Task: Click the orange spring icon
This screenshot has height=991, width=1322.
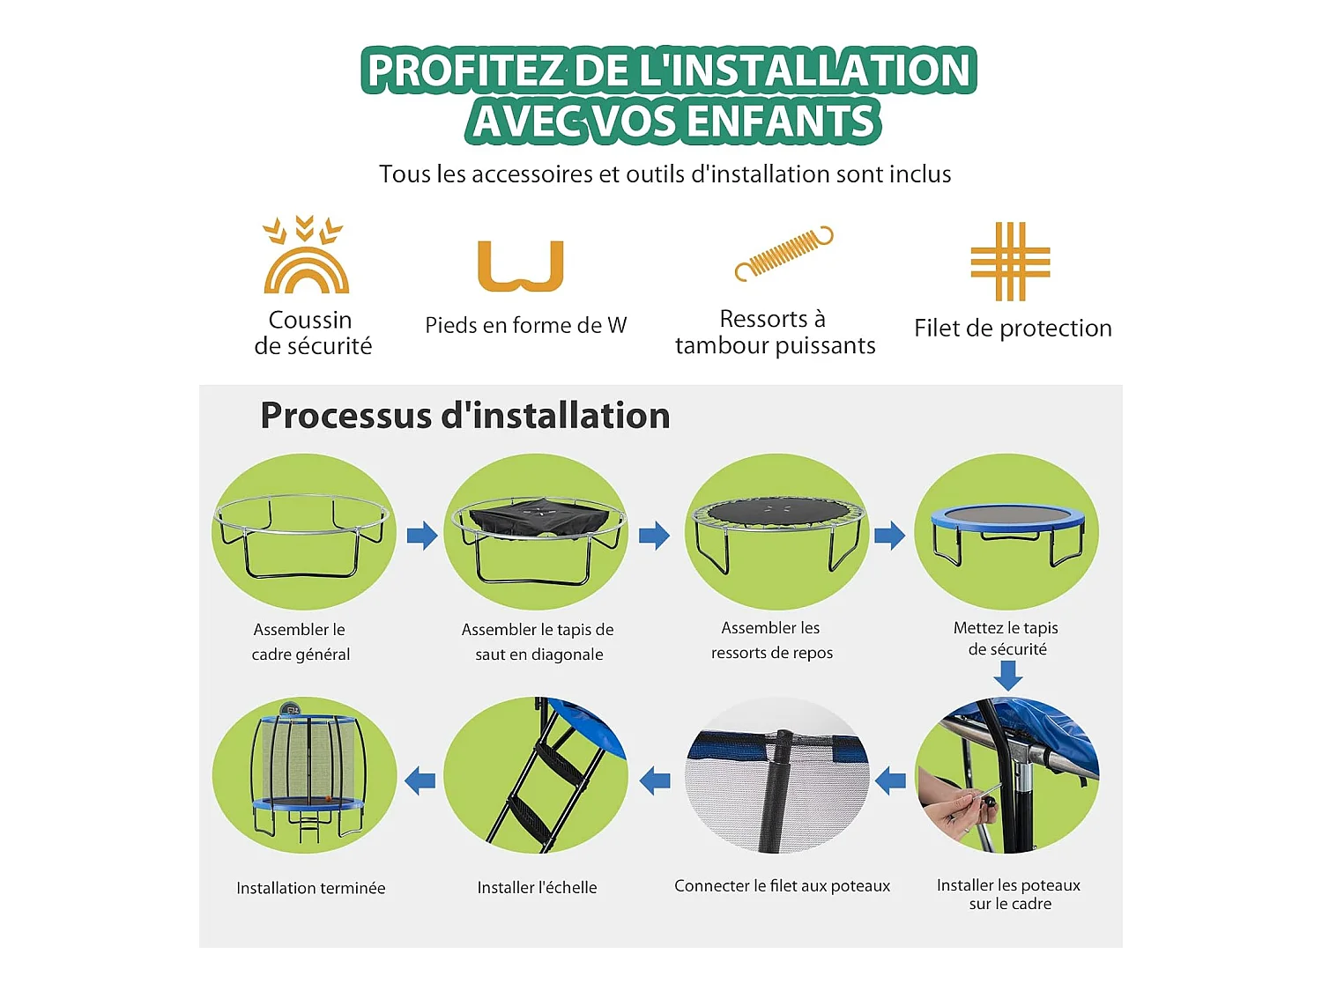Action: tap(784, 254)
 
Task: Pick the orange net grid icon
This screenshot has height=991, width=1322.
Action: tap(1010, 261)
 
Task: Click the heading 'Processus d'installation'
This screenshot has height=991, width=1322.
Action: tap(465, 415)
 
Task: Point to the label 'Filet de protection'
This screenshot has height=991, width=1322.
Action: tap(1013, 329)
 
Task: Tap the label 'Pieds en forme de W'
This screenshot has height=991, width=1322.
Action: tap(526, 326)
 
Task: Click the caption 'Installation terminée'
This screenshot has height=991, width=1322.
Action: tap(311, 888)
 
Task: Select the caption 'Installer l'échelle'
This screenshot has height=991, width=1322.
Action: tap(538, 888)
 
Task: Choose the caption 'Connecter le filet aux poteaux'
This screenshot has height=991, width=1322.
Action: tap(782, 885)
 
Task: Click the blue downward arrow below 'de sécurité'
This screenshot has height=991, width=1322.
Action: tap(1008, 676)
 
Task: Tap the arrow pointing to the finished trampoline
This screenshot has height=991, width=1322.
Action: tap(420, 781)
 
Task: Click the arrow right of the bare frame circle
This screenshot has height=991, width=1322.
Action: tap(422, 535)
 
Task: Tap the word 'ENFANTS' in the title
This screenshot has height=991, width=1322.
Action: tap(780, 121)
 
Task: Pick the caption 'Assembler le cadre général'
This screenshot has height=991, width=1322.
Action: tap(300, 642)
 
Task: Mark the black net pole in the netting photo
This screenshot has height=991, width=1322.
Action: tap(776, 790)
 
